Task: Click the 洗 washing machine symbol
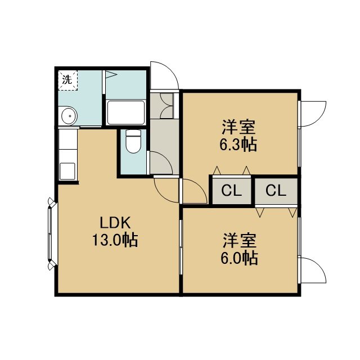pyautogui.click(x=67, y=80)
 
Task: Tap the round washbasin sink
pyautogui.click(x=69, y=115)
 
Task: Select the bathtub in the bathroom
pyautogui.click(x=126, y=112)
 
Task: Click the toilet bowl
pyautogui.click(x=134, y=141)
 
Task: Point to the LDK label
pyautogui.click(x=115, y=223)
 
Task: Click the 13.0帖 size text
pyautogui.click(x=115, y=240)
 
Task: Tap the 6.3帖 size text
pyautogui.click(x=238, y=145)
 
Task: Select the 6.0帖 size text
pyautogui.click(x=239, y=259)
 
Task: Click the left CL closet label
pyautogui.click(x=231, y=191)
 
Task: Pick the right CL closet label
pyautogui.click(x=276, y=191)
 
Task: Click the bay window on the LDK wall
pyautogui.click(x=51, y=233)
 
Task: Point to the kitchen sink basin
pyautogui.click(x=67, y=171)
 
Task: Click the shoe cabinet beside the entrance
pyautogui.click(x=161, y=106)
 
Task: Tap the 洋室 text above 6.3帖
pyautogui.click(x=238, y=127)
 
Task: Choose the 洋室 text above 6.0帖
pyautogui.click(x=240, y=241)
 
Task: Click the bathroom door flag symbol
pyautogui.click(x=111, y=74)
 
